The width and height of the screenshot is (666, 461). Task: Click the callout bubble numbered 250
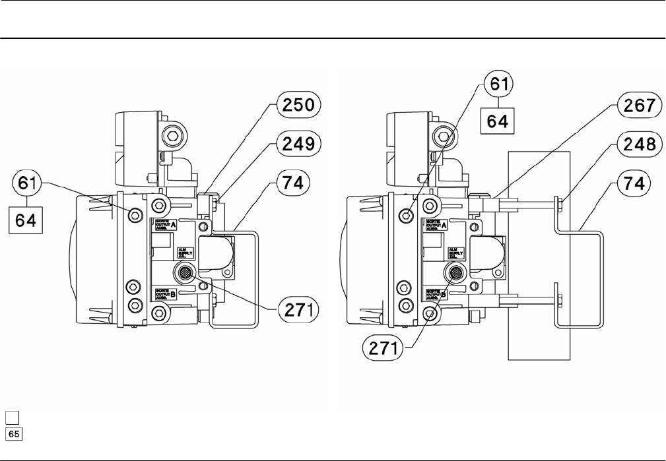pos(297,105)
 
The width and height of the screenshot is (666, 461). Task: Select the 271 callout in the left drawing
pos(297,308)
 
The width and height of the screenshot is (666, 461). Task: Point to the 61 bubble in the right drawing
pos(497,84)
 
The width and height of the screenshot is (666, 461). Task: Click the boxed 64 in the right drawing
pos(497,121)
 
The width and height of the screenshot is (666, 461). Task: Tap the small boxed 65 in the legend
pos(13,433)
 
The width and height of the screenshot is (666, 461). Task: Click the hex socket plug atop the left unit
pos(172,137)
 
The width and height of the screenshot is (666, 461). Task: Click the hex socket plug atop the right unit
pos(444,137)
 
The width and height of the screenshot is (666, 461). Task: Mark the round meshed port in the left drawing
pos(185,272)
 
